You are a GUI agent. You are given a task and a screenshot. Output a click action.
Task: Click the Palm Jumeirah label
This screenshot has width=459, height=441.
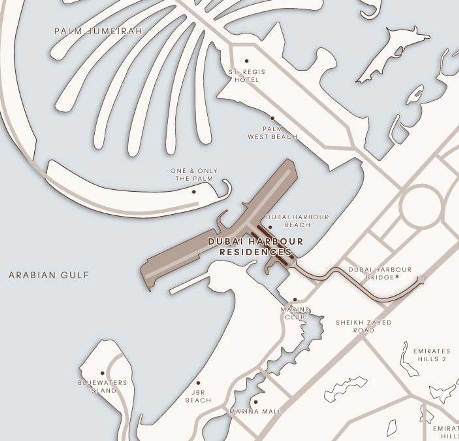(98, 31)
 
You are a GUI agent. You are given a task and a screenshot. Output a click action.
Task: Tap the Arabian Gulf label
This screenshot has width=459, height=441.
(49, 275)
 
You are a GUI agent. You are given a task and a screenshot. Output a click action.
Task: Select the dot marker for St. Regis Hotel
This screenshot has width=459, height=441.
(247, 61)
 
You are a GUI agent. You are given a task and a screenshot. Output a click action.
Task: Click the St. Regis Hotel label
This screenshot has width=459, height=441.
(247, 76)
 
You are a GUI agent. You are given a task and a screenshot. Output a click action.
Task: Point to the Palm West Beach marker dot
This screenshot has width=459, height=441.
(272, 118)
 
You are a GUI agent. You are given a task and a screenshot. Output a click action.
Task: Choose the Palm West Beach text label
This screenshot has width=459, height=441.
(273, 132)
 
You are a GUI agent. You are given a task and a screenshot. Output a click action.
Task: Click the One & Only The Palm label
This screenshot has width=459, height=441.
(194, 174)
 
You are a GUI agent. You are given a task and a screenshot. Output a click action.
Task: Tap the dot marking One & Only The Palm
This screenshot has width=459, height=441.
(194, 192)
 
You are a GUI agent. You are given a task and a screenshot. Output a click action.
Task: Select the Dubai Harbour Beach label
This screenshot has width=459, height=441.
(297, 221)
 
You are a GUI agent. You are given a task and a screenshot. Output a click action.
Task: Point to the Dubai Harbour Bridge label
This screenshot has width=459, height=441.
(380, 274)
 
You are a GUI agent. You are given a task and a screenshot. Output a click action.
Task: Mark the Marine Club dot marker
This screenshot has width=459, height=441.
(295, 300)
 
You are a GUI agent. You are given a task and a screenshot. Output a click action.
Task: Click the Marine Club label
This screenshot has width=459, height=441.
(295, 313)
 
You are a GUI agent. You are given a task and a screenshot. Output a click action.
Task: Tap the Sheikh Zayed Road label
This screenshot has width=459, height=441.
(364, 326)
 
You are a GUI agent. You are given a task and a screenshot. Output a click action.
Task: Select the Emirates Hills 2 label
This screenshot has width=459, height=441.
(432, 355)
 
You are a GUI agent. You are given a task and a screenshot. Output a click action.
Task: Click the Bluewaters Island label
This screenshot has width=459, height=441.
(103, 386)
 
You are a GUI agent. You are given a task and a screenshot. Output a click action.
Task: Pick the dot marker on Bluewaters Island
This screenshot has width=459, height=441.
(103, 373)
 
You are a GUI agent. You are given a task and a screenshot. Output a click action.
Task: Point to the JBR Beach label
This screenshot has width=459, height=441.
(198, 396)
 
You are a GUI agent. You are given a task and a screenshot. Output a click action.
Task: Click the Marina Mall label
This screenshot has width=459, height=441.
(256, 412)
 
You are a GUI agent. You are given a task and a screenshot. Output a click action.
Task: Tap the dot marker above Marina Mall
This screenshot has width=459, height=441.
(256, 402)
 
